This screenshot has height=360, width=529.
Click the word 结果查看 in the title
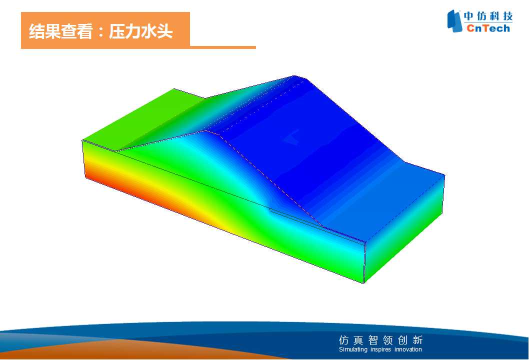click(60, 31)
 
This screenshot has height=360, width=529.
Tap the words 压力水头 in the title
click(140, 31)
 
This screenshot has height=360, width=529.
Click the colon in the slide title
click(100, 32)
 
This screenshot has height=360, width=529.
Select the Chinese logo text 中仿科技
click(488, 16)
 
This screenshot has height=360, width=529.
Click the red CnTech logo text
click(488, 28)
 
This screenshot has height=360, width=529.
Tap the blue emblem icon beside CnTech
click(454, 21)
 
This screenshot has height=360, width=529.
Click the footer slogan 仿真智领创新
click(380, 340)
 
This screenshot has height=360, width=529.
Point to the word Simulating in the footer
click(353, 349)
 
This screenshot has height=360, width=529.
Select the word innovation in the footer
click(408, 349)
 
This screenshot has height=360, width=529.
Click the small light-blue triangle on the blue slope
click(291, 136)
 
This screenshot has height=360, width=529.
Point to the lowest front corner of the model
click(363, 283)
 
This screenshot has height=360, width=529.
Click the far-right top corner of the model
click(444, 175)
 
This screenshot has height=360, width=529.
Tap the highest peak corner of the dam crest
click(294, 75)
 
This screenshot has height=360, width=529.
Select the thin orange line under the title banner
click(222, 47)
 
